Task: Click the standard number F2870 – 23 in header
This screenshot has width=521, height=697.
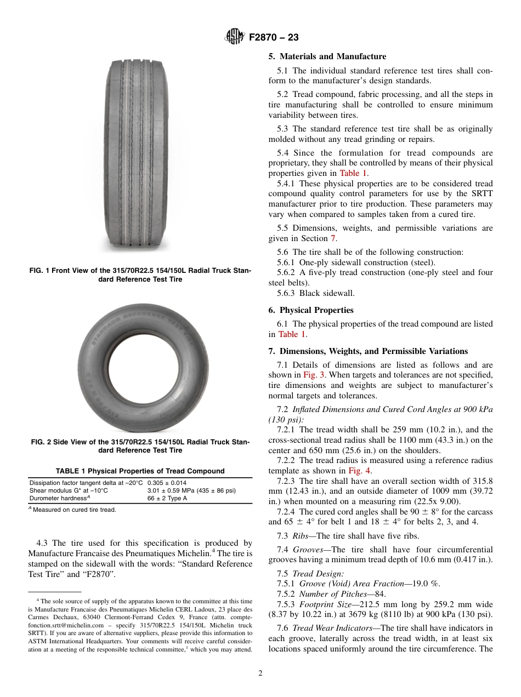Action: [x=274, y=38]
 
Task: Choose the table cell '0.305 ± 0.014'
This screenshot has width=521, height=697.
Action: [x=171, y=483]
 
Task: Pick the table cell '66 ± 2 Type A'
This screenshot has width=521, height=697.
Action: [x=167, y=498]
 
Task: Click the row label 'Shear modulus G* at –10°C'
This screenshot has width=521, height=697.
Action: [x=69, y=490]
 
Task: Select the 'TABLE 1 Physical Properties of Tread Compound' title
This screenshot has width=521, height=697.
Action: [x=140, y=471]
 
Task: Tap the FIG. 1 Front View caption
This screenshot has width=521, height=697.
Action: [x=140, y=275]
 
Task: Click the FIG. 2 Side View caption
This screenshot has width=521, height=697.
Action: [x=140, y=446]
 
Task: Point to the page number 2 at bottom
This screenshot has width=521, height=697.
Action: [x=260, y=673]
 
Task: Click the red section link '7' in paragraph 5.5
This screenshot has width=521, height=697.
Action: [x=332, y=238]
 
